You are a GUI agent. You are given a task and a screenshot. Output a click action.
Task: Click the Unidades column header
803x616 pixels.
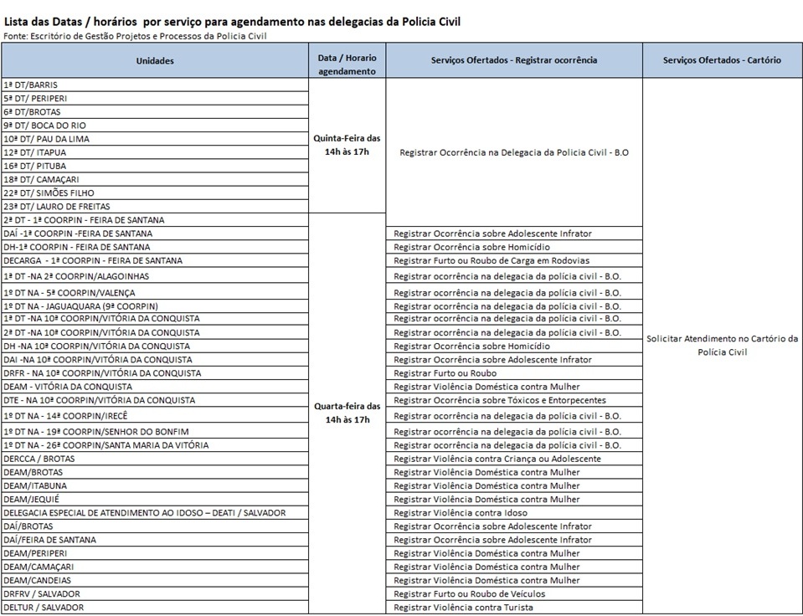click(155, 60)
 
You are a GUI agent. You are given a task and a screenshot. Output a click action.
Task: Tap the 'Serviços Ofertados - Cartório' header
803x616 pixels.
click(722, 60)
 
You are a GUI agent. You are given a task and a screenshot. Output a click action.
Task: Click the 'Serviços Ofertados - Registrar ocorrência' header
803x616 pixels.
click(514, 60)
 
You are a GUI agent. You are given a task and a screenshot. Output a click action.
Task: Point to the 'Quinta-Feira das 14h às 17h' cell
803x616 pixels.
click(347, 145)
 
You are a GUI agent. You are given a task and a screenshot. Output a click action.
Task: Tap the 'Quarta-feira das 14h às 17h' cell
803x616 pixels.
click(347, 412)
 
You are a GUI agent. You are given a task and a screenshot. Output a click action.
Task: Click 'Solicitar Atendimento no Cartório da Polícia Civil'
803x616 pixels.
click(722, 345)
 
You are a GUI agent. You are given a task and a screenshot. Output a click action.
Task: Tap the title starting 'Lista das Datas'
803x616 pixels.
click(232, 20)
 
